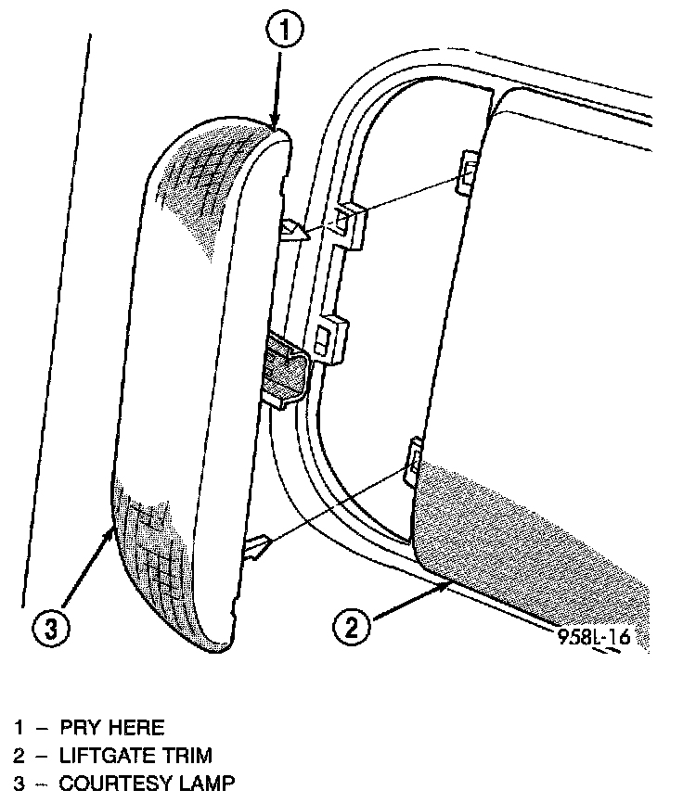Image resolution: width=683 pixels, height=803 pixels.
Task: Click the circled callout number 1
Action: pos(284,31)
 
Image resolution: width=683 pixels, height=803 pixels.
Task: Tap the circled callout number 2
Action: pos(351,628)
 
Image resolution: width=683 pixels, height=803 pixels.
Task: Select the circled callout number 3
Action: pos(51,628)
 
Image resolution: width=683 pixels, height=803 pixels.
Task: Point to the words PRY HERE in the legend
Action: pos(111,728)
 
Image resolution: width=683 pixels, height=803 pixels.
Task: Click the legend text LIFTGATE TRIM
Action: pos(135,756)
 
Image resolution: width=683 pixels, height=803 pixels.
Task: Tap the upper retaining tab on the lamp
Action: pos(296,229)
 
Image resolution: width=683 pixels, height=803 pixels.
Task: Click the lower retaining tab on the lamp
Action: pos(256,551)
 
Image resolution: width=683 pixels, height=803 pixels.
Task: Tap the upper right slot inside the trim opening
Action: pos(469,172)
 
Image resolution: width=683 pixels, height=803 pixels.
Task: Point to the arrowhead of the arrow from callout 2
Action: pos(445,584)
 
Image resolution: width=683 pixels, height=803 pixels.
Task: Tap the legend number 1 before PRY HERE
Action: pos(19,728)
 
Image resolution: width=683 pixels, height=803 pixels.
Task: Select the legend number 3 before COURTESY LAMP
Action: pos(19,784)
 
